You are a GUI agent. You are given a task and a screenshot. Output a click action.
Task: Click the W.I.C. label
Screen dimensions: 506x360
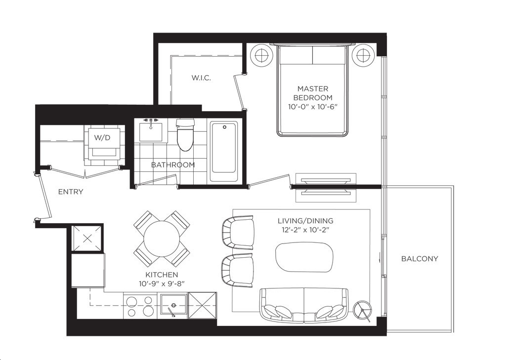[201, 78]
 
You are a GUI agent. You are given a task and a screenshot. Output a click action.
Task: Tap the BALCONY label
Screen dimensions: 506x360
[420, 258]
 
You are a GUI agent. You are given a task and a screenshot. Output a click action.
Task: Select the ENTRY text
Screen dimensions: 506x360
[71, 192]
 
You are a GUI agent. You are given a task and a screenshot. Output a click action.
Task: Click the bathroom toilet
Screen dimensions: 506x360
[186, 135]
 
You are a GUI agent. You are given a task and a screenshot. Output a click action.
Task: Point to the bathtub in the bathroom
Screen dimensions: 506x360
[224, 152]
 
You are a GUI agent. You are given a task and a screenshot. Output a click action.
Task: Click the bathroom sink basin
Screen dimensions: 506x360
[151, 131]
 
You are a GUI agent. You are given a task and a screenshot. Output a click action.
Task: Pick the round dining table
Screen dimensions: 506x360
[162, 239]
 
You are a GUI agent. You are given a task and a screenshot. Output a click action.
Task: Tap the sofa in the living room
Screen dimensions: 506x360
[304, 306]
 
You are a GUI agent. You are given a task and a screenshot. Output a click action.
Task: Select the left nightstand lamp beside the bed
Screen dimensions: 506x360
[261, 55]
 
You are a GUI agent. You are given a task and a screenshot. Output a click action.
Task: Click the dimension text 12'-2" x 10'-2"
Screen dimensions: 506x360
[305, 230]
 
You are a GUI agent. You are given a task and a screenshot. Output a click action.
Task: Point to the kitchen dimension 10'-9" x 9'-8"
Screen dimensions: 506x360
[162, 283]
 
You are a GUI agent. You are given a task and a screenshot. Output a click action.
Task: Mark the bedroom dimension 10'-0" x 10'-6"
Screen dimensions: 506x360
[313, 107]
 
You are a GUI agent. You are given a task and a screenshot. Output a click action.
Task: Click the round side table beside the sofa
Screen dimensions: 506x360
[363, 310]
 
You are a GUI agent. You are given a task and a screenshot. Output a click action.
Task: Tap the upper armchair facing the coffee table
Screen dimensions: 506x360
[238, 233]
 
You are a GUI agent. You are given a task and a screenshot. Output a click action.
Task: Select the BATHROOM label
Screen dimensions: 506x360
[173, 165]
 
